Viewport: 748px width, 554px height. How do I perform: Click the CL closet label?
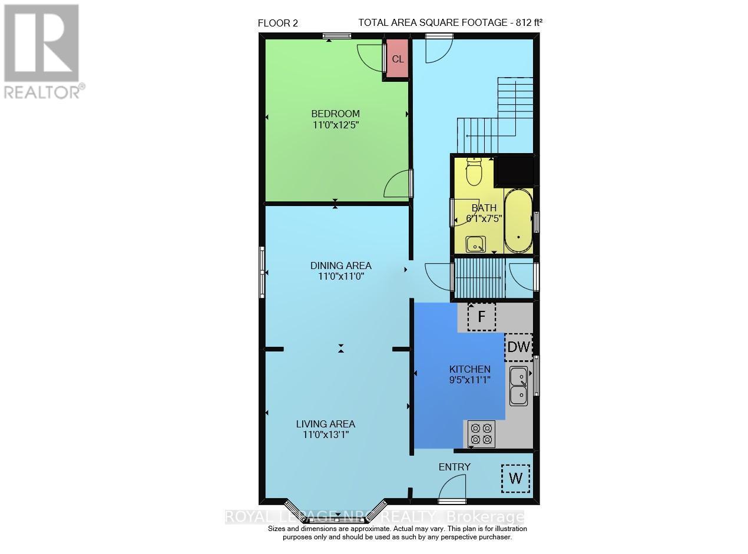(x=398, y=59)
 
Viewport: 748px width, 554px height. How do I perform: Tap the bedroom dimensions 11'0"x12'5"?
(x=335, y=124)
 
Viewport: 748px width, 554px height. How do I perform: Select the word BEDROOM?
(x=335, y=114)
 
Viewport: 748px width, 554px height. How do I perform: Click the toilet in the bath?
(x=474, y=172)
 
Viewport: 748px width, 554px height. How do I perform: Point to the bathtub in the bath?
(x=518, y=221)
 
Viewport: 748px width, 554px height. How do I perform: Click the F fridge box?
(x=481, y=317)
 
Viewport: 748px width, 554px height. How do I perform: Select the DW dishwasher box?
(x=518, y=347)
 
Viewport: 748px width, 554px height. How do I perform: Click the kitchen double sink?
(x=519, y=386)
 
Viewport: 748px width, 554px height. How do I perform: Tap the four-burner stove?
(x=481, y=434)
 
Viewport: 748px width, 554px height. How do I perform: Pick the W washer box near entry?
(x=515, y=479)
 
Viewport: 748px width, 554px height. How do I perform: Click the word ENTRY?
(x=455, y=467)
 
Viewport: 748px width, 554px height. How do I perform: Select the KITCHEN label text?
(x=469, y=369)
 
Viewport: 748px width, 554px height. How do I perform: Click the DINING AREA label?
(x=341, y=266)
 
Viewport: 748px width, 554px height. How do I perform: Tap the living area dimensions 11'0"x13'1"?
(x=325, y=435)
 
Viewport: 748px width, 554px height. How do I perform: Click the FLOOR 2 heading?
(x=278, y=23)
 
